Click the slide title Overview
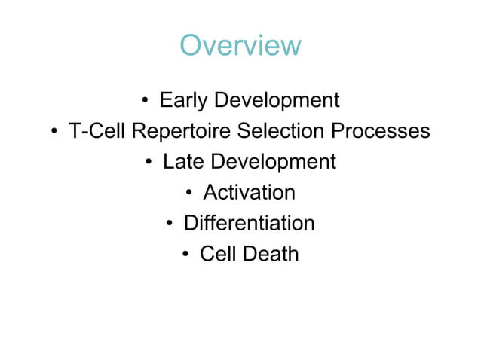[240, 46]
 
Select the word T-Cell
[97, 131]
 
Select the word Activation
[250, 193]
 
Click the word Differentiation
[250, 224]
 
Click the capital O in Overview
[191, 46]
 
